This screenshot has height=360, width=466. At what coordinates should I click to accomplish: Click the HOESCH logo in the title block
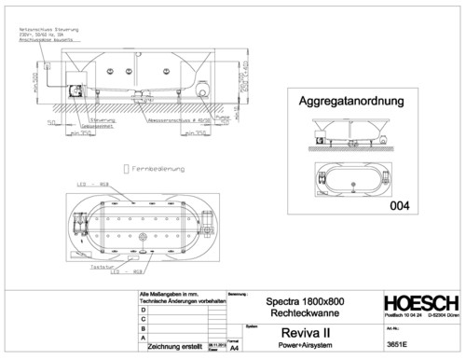pos(420,306)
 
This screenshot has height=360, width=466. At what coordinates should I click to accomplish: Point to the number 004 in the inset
pos(399,203)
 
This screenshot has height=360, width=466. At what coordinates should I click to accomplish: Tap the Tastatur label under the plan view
pos(101,266)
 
